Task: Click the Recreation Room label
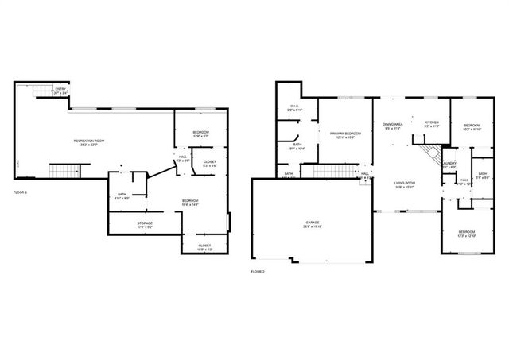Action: pyautogui.click(x=90, y=142)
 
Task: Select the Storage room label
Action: pyautogui.click(x=143, y=225)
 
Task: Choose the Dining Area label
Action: pyautogui.click(x=393, y=126)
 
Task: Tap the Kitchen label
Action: pyautogui.click(x=432, y=124)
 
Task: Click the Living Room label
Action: pyautogui.click(x=406, y=184)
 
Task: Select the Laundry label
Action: pyautogui.click(x=449, y=165)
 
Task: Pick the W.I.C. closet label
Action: pyautogui.click(x=293, y=108)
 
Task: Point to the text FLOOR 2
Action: pyautogui.click(x=257, y=272)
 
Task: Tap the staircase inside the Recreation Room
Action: pyautogui.click(x=65, y=171)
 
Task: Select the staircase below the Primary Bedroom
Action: pyautogui.click(x=327, y=172)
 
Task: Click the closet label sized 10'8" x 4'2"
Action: pyautogui.click(x=204, y=246)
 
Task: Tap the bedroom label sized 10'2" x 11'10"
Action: pyautogui.click(x=472, y=126)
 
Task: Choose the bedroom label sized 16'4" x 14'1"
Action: pyautogui.click(x=189, y=202)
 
